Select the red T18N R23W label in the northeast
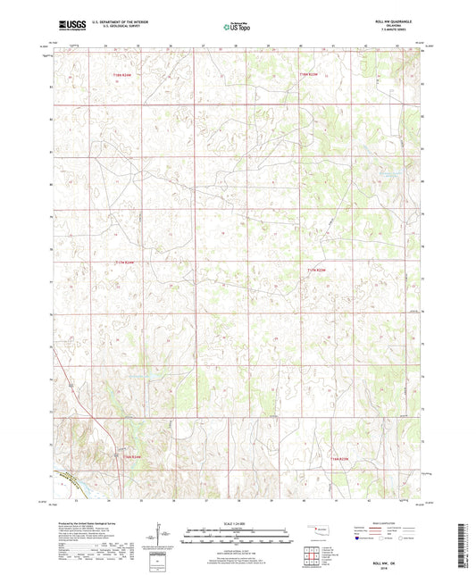[x=309, y=74]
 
